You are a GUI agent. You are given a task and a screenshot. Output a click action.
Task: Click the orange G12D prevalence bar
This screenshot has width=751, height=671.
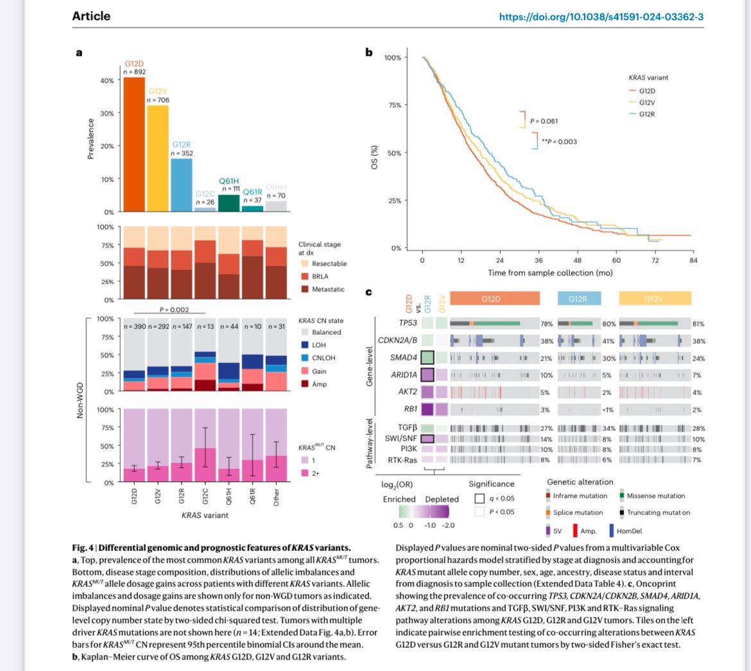(134, 144)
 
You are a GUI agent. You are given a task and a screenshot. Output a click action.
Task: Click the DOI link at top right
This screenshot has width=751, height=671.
(601, 17)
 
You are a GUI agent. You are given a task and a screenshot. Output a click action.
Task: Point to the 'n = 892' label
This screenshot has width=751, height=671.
(135, 72)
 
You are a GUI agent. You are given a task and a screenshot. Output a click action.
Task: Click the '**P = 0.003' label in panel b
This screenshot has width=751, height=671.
(558, 142)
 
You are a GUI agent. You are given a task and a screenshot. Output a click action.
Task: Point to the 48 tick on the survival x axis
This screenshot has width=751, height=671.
(577, 260)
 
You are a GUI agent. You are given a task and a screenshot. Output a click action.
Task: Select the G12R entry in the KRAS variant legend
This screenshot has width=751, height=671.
(646, 114)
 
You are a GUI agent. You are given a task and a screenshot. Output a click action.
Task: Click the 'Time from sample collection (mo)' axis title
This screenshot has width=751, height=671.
(550, 273)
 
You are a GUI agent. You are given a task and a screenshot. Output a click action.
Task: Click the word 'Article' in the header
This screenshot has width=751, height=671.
(91, 16)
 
